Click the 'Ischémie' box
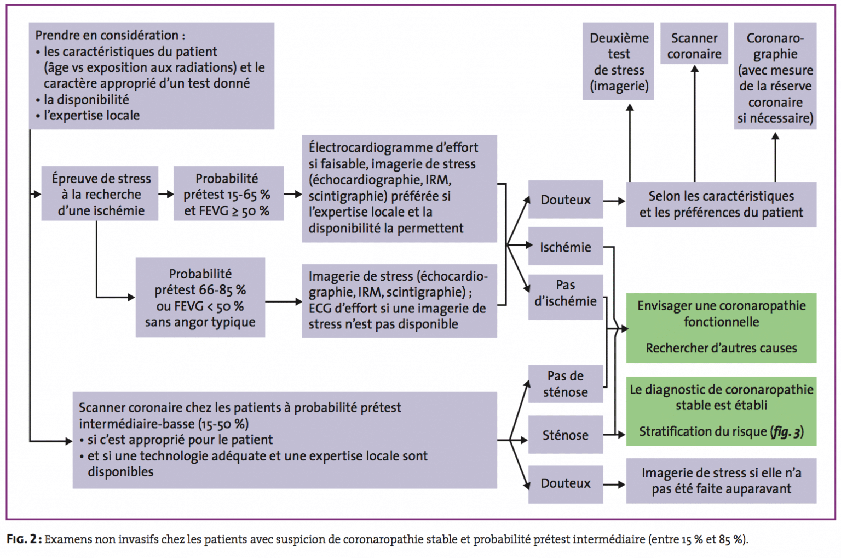pyautogui.click(x=566, y=246)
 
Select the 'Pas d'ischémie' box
pyautogui.click(x=566, y=297)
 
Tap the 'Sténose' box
pyautogui.click(x=566, y=434)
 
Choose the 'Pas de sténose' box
pyautogui.click(x=566, y=384)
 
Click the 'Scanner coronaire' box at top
pyautogui.click(x=694, y=43)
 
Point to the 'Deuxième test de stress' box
pyautogui.click(x=618, y=61)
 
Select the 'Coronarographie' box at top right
pyautogui.click(x=775, y=76)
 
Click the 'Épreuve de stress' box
pyautogui.click(x=100, y=193)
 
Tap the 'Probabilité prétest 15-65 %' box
pyautogui.click(x=228, y=193)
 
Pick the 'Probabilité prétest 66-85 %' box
pyautogui.click(x=200, y=297)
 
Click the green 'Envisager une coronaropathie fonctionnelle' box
pyautogui.click(x=721, y=328)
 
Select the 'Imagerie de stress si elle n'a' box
pyautogui.click(x=721, y=481)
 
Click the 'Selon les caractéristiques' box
pyautogui.click(x=721, y=204)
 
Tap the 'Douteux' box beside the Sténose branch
pyautogui.click(x=566, y=485)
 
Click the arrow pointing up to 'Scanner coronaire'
pyautogui.click(x=695, y=124)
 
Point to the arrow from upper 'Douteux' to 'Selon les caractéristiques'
pyautogui.click(x=614, y=201)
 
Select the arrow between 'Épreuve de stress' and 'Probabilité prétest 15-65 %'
pyautogui.click(x=166, y=194)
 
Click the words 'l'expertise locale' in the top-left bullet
pyautogui.click(x=91, y=115)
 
